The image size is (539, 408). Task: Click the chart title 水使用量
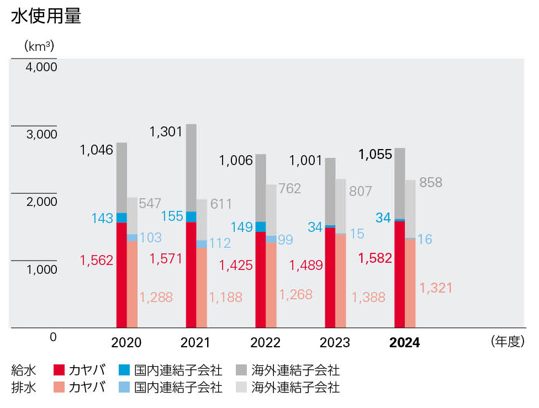[46, 17]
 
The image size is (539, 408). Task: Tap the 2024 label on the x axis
[404, 343]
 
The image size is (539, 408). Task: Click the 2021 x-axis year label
[195, 343]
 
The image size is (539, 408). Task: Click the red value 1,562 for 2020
[96, 260]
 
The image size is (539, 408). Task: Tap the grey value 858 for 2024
[431, 183]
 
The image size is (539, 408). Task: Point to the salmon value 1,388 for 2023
[368, 297]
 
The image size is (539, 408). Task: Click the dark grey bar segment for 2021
[191, 167]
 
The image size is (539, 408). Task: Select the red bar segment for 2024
[400, 274]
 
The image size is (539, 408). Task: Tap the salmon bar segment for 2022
[271, 285]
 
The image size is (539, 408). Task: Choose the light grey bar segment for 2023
[341, 206]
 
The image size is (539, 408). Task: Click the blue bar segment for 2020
[121, 218]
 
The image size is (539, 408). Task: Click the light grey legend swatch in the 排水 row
[241, 387]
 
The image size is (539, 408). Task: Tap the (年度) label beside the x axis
[506, 342]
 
